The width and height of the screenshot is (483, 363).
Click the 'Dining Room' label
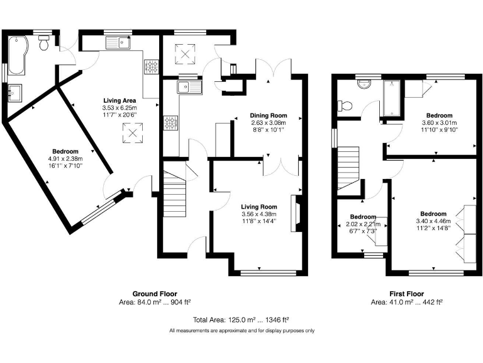269,115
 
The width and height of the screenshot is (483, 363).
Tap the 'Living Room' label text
260,206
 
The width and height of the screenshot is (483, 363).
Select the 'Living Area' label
120,100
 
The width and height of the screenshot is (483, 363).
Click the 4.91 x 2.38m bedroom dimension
65,159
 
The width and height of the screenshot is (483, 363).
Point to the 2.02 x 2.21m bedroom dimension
363,224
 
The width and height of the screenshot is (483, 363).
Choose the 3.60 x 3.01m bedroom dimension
436,123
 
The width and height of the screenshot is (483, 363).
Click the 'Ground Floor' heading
154,294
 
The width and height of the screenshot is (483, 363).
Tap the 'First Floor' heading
406,294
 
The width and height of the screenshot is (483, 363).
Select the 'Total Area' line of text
241,320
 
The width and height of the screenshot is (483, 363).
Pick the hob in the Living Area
151,66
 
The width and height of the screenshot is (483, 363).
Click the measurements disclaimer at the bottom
241,330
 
